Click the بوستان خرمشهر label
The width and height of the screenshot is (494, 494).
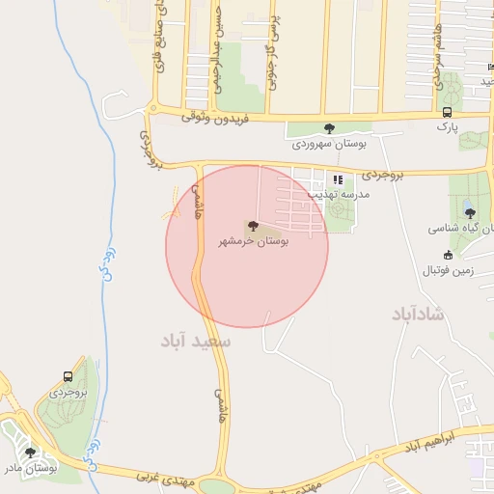pyautogui.click(x=253, y=241)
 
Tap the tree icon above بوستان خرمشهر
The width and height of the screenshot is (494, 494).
pyautogui.click(x=254, y=226)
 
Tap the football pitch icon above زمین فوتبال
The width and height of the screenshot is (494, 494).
pyautogui.click(x=449, y=255)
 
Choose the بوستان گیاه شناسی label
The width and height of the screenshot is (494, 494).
pyautogui.click(x=462, y=229)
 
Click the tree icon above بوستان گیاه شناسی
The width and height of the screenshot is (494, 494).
pyautogui.click(x=469, y=214)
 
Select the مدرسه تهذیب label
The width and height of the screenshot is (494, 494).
pyautogui.click(x=362, y=193)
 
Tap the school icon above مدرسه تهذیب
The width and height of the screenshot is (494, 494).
pyautogui.click(x=338, y=179)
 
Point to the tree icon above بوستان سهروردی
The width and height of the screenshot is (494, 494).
pyautogui.click(x=329, y=128)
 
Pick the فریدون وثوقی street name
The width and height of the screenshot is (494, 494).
pyautogui.click(x=221, y=118)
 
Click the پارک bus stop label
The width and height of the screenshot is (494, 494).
pyautogui.click(x=446, y=126)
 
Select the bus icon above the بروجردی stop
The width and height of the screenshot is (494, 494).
pyautogui.click(x=68, y=377)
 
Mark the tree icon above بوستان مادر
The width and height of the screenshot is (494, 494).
pyautogui.click(x=30, y=452)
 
